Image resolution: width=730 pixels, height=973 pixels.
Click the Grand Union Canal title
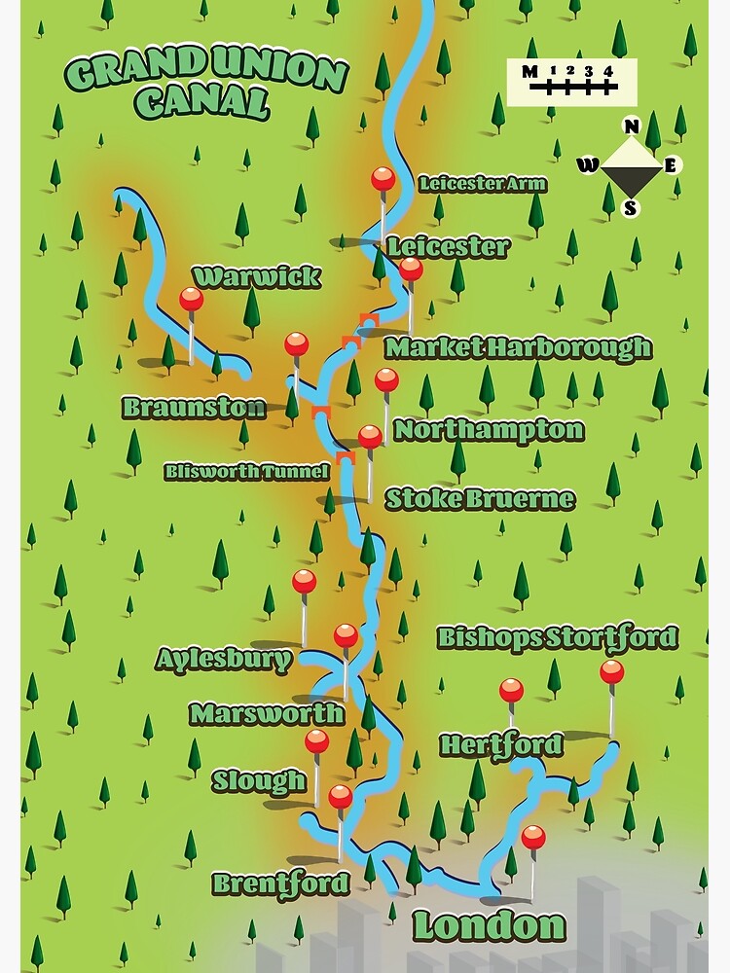click(206, 87)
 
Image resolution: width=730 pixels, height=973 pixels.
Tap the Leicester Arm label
click(482, 184)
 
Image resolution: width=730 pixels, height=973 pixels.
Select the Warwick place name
click(256, 277)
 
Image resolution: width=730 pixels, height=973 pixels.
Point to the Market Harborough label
click(518, 347)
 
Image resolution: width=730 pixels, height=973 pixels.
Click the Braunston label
click(194, 408)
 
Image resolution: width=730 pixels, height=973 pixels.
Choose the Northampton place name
click(489, 430)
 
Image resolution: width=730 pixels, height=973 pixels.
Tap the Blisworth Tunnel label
click(246, 472)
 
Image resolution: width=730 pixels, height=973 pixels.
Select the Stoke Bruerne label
click(480, 500)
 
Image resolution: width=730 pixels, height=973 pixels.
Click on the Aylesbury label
click(224, 660)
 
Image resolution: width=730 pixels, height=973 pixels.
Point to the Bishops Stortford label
click(557, 638)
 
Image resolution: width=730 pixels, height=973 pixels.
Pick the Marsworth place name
click(267, 713)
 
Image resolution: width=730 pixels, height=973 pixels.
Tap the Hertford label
click(501, 745)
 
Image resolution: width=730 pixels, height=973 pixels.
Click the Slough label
click(259, 780)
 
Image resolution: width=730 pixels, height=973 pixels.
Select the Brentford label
click(280, 883)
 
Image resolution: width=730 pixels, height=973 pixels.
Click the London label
click(489, 925)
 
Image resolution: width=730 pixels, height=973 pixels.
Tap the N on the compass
click(632, 126)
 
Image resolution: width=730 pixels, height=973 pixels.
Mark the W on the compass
click(588, 164)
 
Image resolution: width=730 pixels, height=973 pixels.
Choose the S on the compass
click(631, 207)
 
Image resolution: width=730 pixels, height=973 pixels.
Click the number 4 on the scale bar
click(607, 71)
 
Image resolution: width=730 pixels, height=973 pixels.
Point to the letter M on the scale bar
click(529, 71)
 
